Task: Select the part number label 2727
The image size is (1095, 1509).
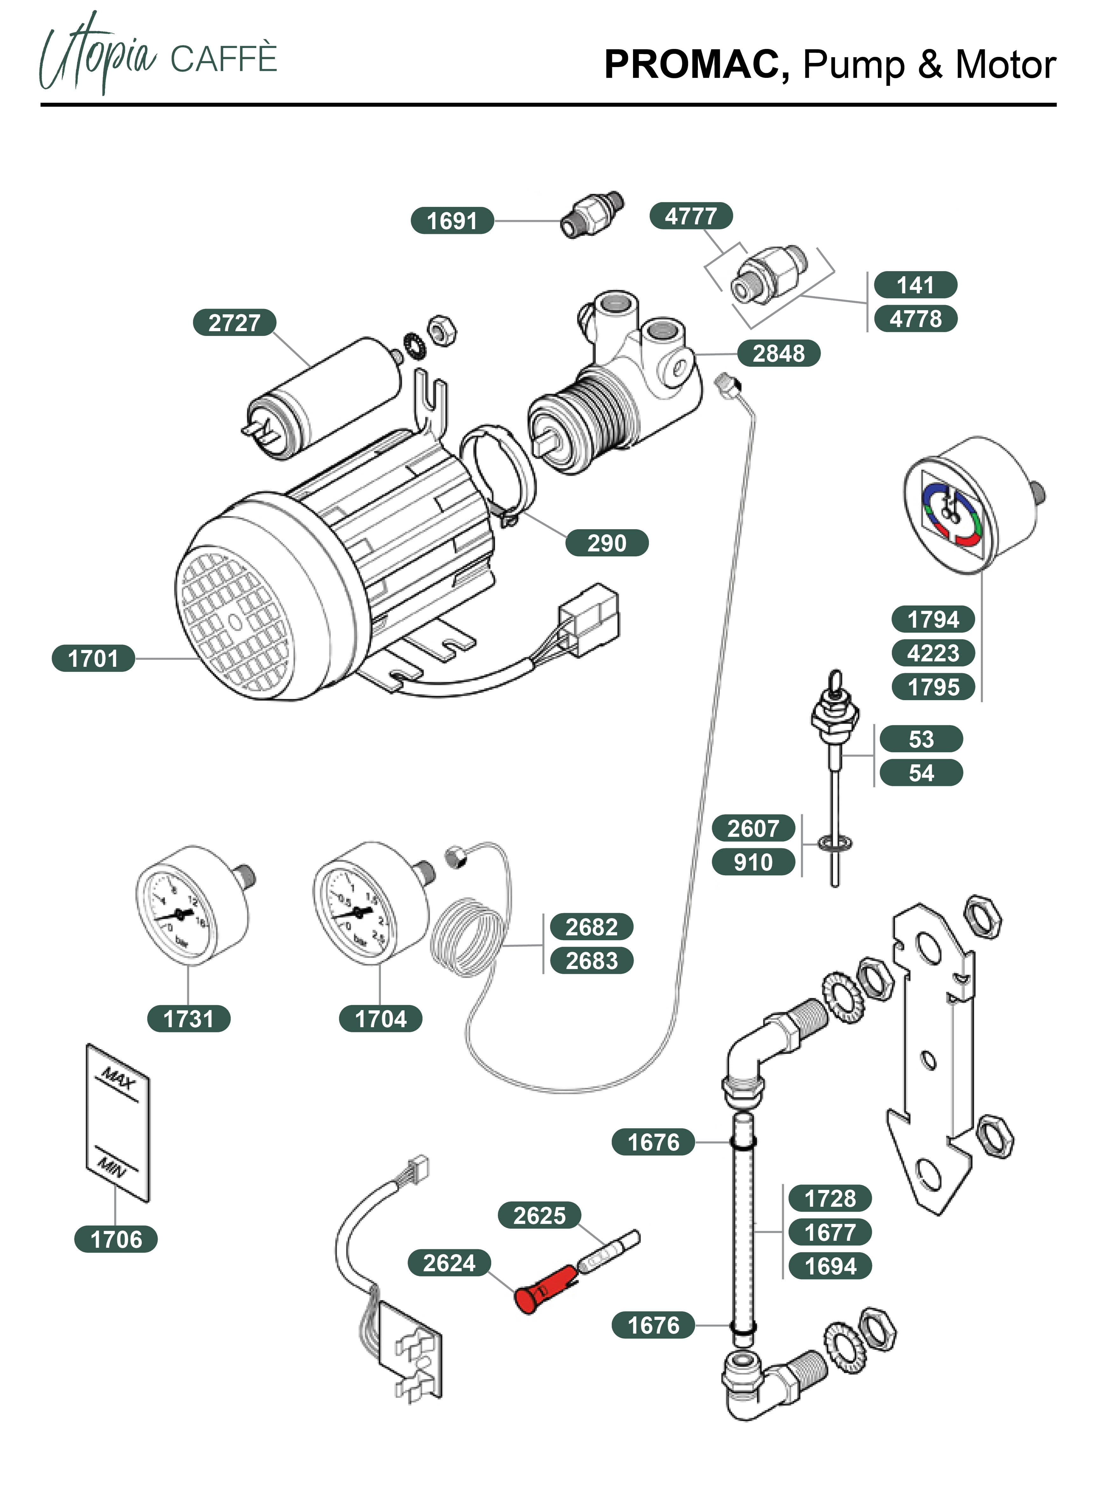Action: pos(234,323)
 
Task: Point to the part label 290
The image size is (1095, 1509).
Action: pos(606,543)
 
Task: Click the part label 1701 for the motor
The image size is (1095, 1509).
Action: pos(93,659)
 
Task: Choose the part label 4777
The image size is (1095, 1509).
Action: pos(691,216)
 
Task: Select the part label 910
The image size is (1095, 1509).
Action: pos(753,862)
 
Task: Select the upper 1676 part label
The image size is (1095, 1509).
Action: pos(653,1142)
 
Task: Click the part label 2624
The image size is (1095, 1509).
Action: pos(449,1263)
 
